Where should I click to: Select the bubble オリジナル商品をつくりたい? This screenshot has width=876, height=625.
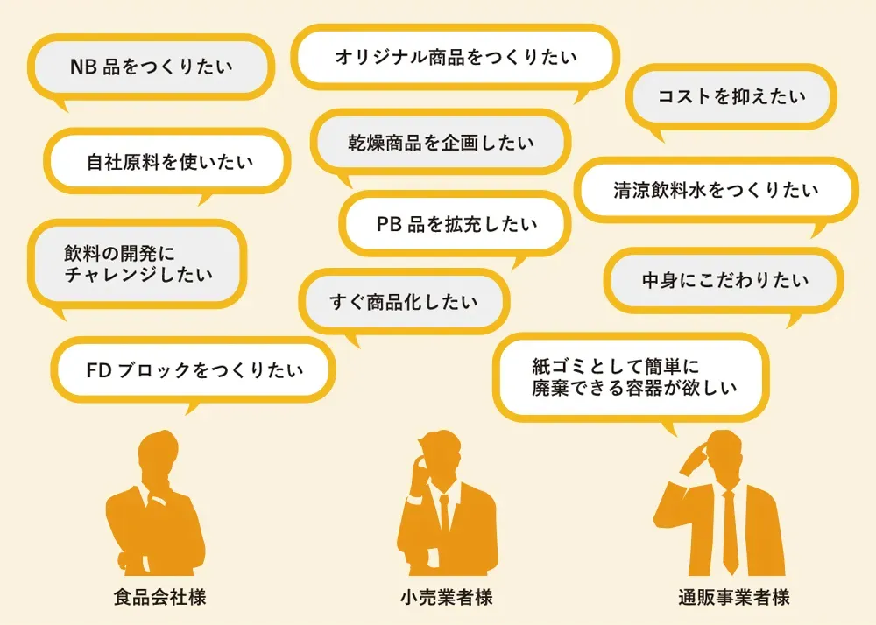[x=456, y=57]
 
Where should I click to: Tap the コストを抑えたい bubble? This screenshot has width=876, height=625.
[x=731, y=96]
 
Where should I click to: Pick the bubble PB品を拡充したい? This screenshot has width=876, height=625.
[x=456, y=224]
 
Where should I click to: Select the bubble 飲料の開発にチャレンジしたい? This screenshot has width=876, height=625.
[x=138, y=264]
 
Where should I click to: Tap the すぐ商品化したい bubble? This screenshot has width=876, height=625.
[x=404, y=302]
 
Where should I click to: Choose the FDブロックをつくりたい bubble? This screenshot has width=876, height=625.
[x=194, y=369]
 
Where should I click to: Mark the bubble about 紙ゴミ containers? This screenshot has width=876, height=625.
[x=631, y=376]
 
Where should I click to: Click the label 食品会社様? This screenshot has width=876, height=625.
[x=159, y=599]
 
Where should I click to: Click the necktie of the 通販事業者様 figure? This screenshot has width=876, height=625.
[x=730, y=525]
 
